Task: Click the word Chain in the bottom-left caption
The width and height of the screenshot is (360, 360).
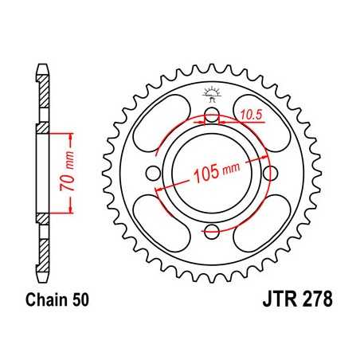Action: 45,302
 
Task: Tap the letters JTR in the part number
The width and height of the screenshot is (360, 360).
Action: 277,302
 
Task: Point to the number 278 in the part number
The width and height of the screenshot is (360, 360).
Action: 316,302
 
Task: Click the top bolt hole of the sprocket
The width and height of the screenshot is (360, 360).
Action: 211,119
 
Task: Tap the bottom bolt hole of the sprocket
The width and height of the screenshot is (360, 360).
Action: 211,232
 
